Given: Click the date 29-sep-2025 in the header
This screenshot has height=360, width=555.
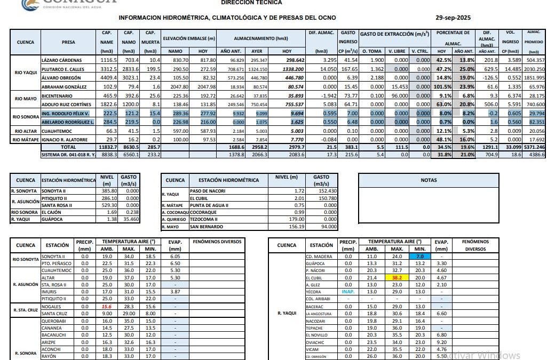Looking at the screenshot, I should point(453,18).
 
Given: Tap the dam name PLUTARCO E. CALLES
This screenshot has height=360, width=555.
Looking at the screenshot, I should point(62,69).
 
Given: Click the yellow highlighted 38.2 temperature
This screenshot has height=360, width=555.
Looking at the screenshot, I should point(397,278).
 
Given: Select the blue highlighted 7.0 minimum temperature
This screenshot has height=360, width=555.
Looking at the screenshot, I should point(420,257).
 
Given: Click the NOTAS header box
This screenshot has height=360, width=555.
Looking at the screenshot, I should point(429,180).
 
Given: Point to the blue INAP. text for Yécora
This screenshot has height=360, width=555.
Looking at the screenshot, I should point(348,292).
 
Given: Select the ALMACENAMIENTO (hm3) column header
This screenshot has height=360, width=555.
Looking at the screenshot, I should point(260,39).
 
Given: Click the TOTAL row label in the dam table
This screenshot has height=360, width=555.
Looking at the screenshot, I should point(68,146).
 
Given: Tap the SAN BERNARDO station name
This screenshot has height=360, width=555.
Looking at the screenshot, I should point(205,226).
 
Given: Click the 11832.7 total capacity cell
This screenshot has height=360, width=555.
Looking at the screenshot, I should point(106,146).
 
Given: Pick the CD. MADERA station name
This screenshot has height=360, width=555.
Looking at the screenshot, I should point(319,257).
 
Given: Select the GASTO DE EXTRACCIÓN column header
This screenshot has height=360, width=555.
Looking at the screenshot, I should point(394,34).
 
